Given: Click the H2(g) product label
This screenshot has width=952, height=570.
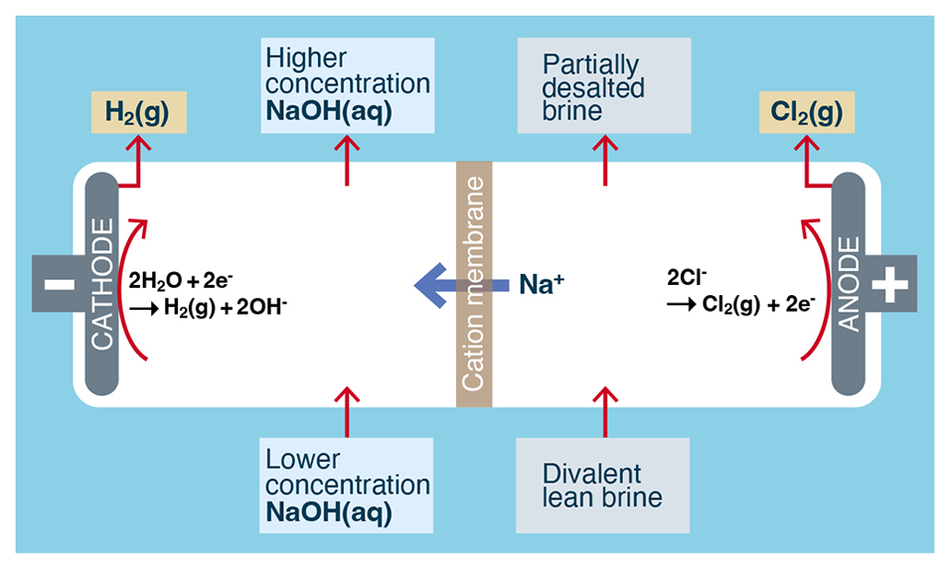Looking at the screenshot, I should tap(138, 112).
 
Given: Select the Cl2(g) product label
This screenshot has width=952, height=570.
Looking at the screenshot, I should tap(806, 112).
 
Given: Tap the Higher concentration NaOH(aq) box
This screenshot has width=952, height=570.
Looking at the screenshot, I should tap(347, 85).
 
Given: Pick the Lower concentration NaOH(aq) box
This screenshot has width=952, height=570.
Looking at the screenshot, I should tap(347, 485).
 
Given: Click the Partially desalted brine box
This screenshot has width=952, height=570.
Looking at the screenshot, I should tap(604, 86).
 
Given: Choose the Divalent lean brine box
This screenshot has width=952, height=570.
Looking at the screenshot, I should tap(603, 485).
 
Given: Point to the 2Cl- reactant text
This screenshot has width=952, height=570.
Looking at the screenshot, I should tap(687, 274).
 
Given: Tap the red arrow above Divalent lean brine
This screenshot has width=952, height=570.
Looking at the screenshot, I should tap(605, 411).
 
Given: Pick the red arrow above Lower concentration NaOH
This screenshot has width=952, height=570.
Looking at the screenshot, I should tap(347, 411).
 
